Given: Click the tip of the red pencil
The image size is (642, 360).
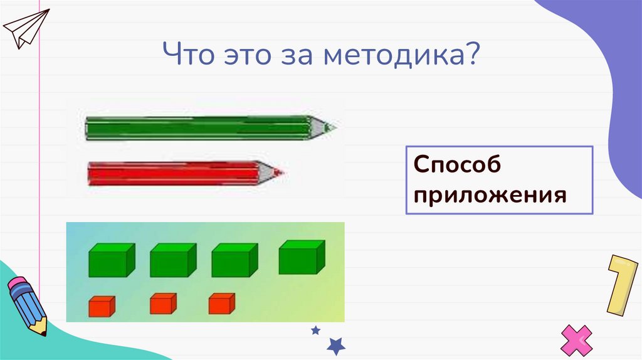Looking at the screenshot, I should point(280,171).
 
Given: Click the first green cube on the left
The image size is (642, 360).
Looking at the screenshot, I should point(112,260).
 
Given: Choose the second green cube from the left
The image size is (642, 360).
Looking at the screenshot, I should point(172,260).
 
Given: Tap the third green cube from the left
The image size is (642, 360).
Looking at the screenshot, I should point(234,260).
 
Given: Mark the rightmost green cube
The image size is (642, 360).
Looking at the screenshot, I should point(301,257).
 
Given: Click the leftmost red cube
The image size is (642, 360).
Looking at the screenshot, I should point(100,306).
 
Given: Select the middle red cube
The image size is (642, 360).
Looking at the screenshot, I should point(163,304).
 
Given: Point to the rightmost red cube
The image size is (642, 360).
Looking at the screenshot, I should point(221,304).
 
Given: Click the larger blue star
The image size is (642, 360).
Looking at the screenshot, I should point(337,344).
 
